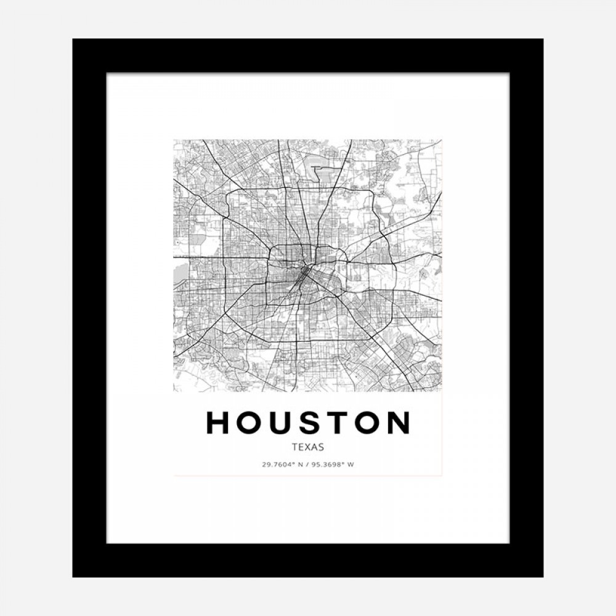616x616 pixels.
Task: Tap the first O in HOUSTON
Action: tap(250, 423)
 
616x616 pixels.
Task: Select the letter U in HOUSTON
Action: tap(281, 423)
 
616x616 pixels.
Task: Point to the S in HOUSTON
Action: tap(309, 423)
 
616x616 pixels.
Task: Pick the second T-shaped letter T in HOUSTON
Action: tap(335, 423)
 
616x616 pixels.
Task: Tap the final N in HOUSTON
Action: tap(398, 423)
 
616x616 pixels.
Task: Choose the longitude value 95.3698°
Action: tap(327, 464)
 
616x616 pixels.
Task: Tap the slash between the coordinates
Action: tap(307, 464)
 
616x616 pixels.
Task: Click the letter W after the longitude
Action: tap(351, 464)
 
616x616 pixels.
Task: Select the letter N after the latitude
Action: tap(300, 464)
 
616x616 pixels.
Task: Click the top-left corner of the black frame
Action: tap(74, 40)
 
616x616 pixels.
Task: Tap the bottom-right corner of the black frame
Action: tap(542, 576)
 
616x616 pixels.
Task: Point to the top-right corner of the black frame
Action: tap(542, 40)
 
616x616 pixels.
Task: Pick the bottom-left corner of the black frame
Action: tap(74, 576)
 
